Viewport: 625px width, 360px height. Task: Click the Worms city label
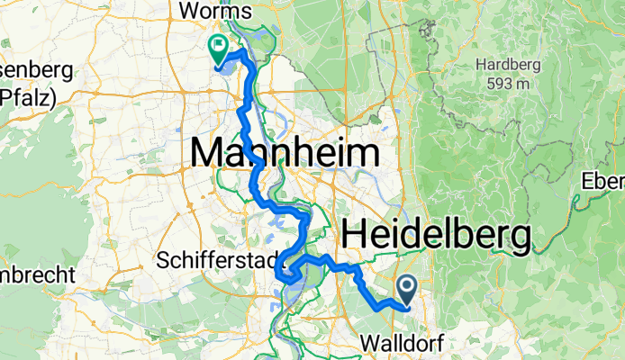(215, 12)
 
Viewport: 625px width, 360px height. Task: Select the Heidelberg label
(435, 237)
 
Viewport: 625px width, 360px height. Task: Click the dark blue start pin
(406, 289)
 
